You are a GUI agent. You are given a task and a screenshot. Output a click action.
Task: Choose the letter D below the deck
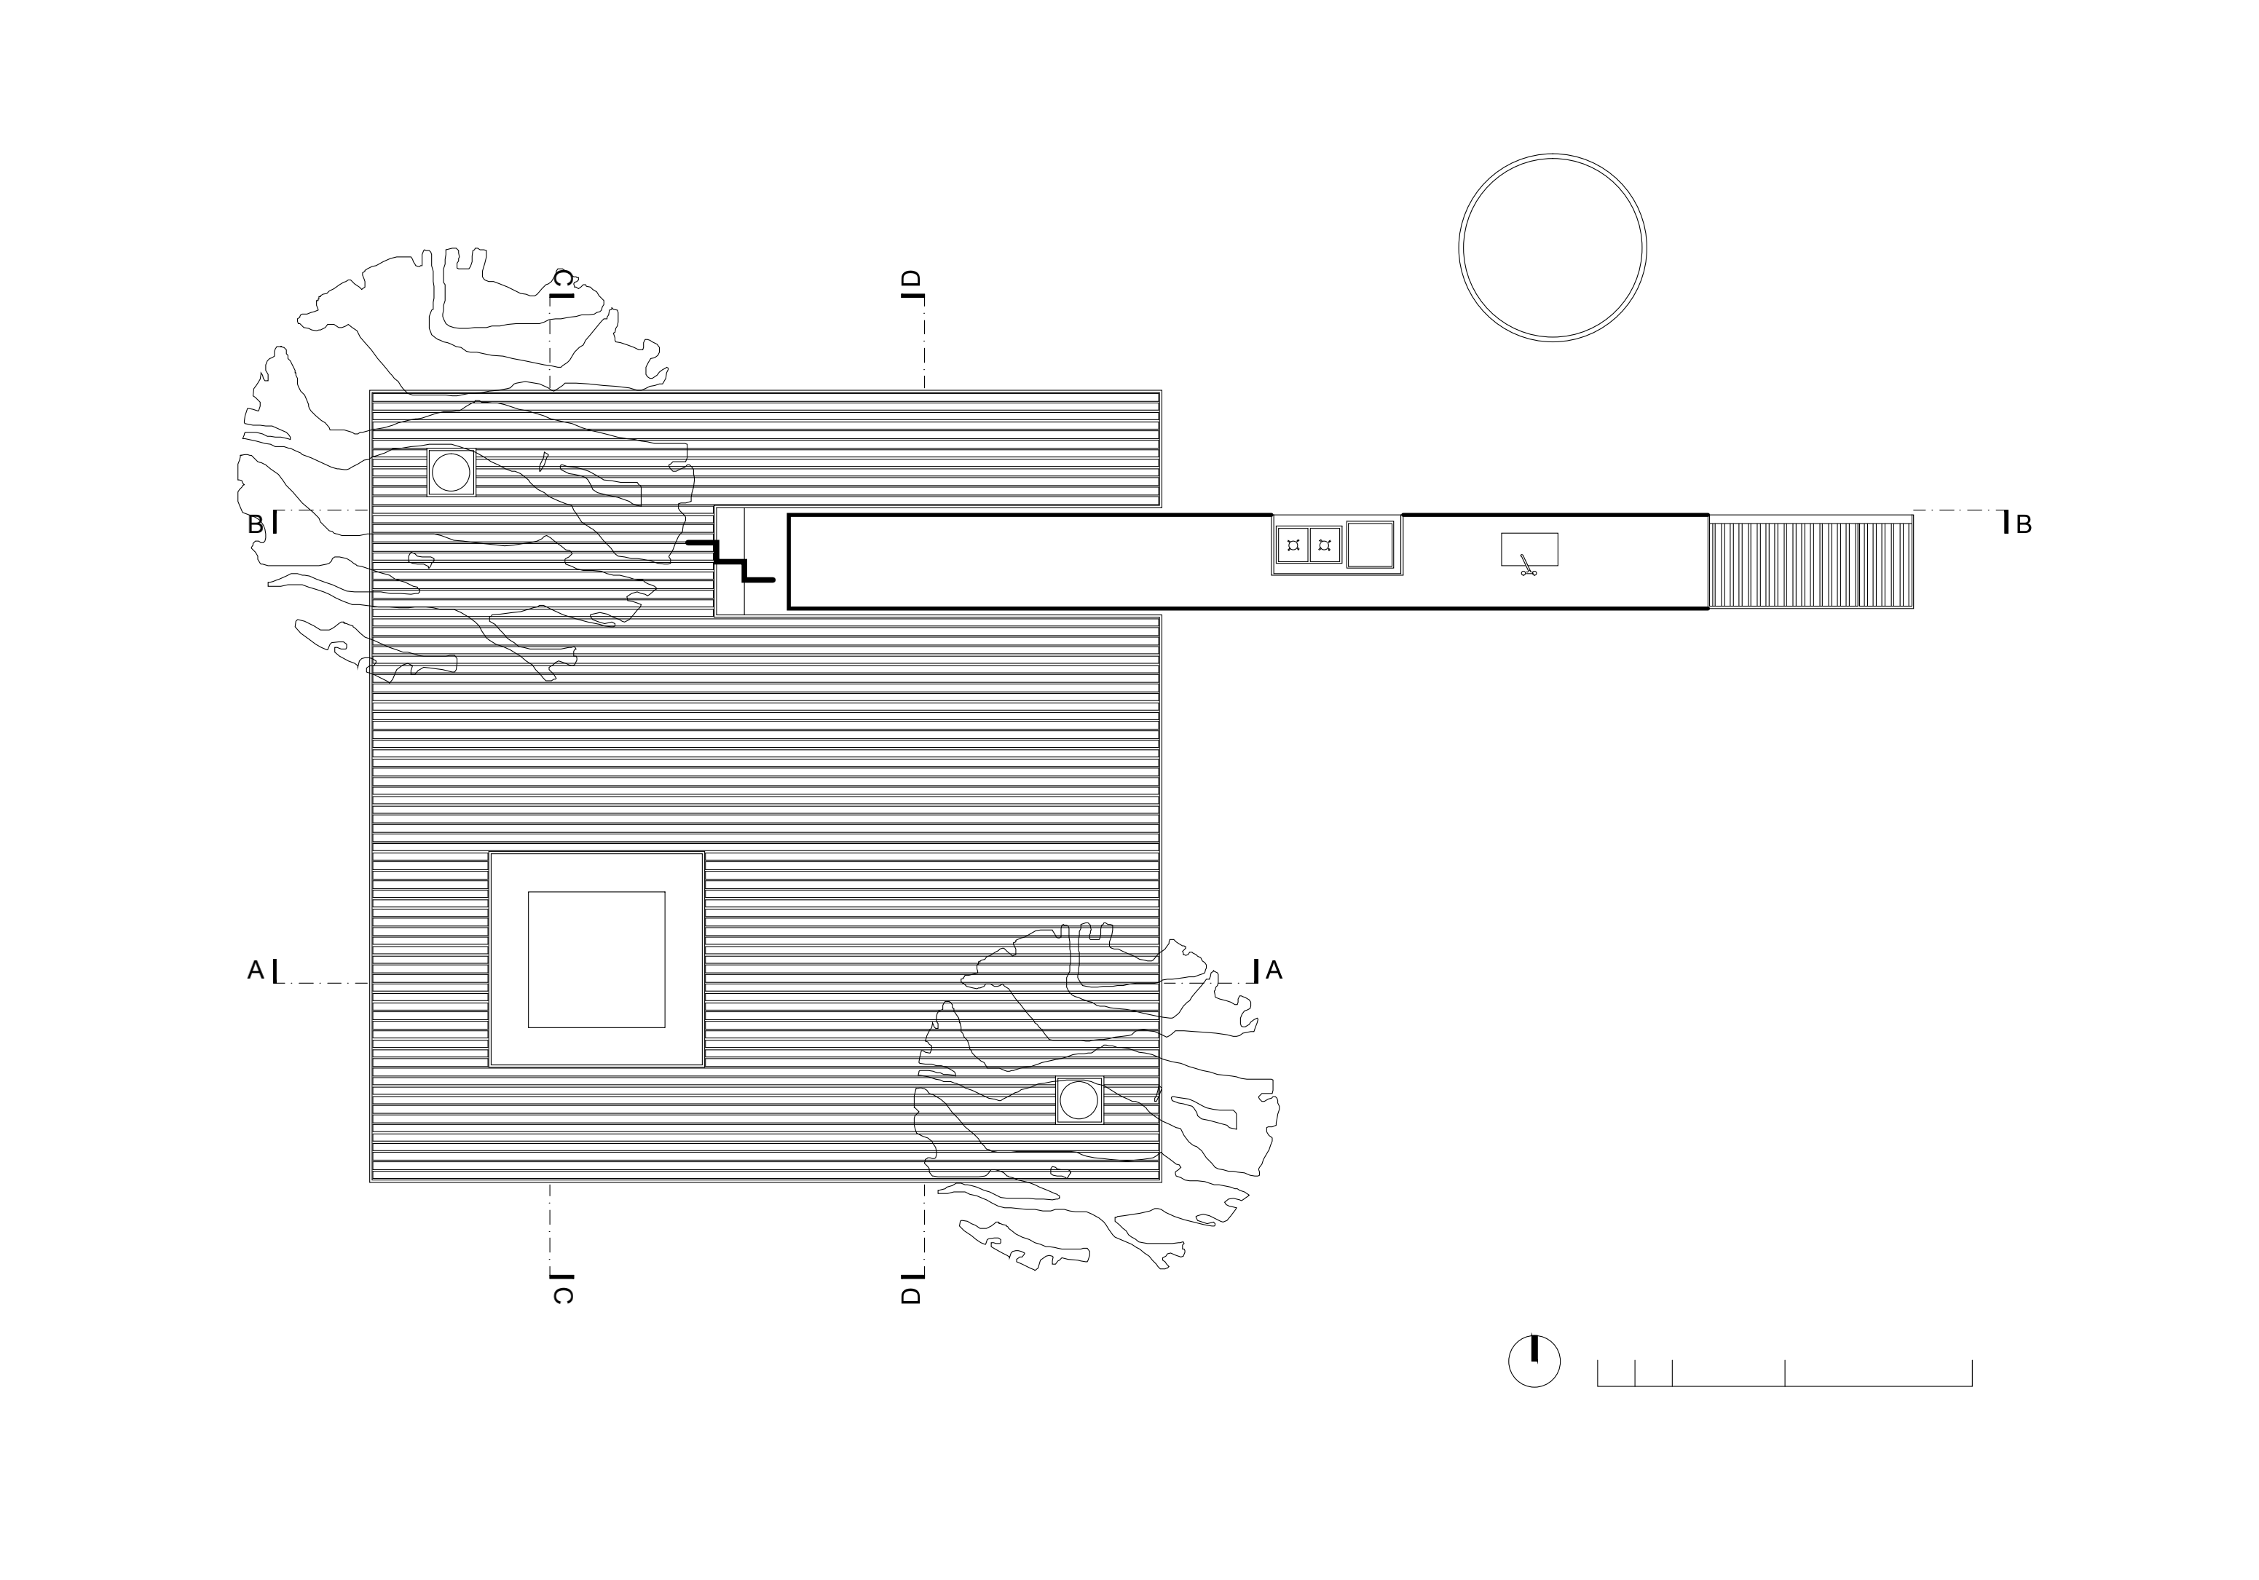coord(911,1296)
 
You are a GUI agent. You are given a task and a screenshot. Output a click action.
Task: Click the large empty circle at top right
coord(1552,248)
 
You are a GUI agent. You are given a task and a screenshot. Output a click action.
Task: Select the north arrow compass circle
coord(1534,1362)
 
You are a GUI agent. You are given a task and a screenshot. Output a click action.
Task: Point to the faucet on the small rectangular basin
coord(1527,566)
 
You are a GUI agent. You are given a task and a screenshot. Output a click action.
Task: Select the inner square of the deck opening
coord(596,959)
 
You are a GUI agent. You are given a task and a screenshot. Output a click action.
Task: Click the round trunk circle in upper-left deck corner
coord(451,473)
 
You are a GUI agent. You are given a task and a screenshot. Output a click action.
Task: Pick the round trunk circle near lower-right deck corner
coord(1079,1100)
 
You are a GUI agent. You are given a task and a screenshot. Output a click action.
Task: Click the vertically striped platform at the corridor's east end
coord(1810,565)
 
